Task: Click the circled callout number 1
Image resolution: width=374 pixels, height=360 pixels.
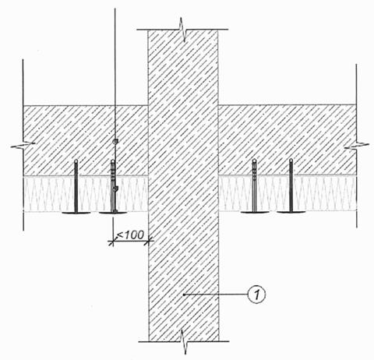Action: click(x=256, y=295)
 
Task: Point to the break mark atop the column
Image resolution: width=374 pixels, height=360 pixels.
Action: click(x=183, y=30)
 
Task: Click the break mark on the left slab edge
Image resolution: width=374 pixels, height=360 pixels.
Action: click(x=23, y=146)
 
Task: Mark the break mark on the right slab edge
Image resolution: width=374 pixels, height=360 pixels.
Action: click(x=357, y=146)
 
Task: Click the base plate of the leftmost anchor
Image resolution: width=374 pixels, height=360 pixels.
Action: click(x=76, y=213)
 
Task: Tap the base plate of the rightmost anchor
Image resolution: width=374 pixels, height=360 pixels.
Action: click(x=291, y=212)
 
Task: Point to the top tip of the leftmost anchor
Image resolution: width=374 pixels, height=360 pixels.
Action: click(x=76, y=161)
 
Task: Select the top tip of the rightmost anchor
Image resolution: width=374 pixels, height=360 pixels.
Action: click(x=291, y=161)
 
